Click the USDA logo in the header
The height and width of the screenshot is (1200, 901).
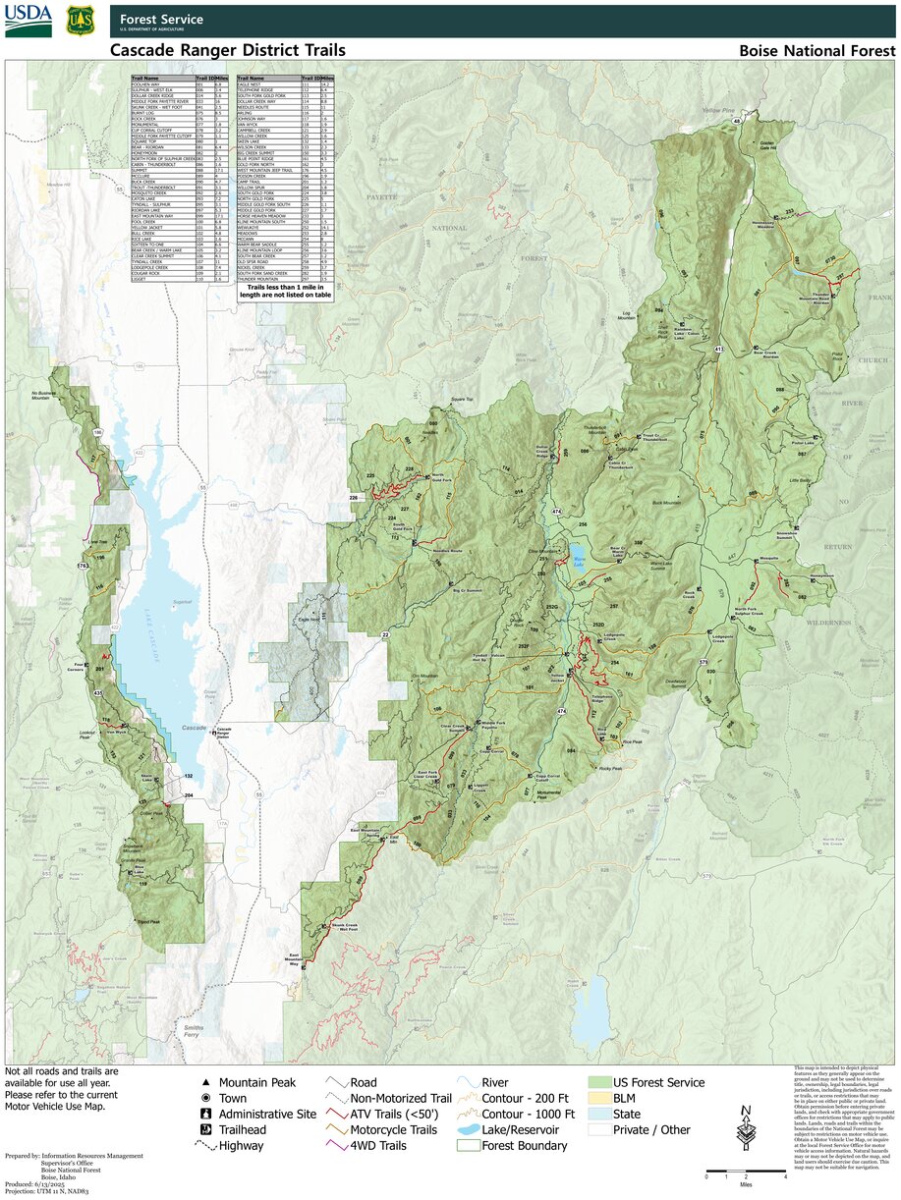28,21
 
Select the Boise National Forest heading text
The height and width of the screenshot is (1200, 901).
817,51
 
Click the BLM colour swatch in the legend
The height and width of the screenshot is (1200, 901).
597,1098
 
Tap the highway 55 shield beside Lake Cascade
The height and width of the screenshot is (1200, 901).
202,487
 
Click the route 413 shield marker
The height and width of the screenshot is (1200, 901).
719,349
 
